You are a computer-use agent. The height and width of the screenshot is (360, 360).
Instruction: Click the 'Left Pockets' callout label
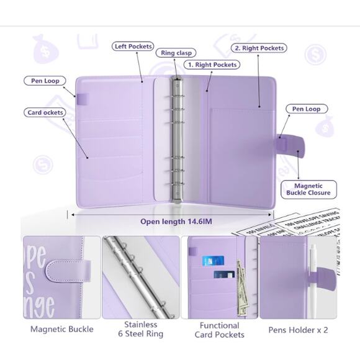pos(133,47)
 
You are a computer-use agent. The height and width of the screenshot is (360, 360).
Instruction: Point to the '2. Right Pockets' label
pos(259,48)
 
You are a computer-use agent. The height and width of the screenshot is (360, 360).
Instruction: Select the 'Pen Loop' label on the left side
pos(43,81)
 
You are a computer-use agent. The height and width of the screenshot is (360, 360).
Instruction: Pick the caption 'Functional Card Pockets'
pos(219,330)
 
